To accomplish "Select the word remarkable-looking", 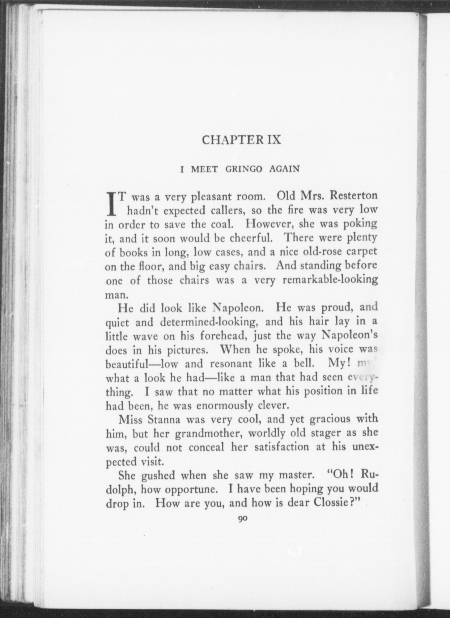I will point(330,280).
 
